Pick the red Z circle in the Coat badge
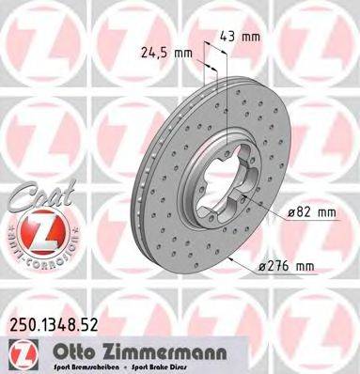33,230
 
